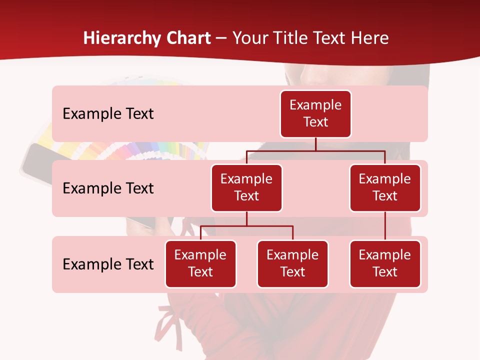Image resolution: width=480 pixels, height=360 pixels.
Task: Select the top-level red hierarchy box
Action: click(315, 113)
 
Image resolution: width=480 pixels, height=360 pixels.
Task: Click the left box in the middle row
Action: click(246, 187)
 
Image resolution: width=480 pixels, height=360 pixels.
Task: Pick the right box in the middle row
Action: click(385, 187)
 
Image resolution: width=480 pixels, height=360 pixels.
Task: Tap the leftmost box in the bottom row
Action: click(200, 263)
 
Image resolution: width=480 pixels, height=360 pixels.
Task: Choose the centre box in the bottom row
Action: click(292, 263)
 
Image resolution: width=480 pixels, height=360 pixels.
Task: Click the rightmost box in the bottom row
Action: click(385, 263)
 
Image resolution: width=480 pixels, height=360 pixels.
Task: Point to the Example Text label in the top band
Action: click(108, 113)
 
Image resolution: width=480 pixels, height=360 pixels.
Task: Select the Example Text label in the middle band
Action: click(108, 188)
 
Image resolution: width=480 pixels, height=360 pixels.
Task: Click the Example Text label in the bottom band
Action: click(108, 264)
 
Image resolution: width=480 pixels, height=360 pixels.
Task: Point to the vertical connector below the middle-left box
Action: click(246, 218)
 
